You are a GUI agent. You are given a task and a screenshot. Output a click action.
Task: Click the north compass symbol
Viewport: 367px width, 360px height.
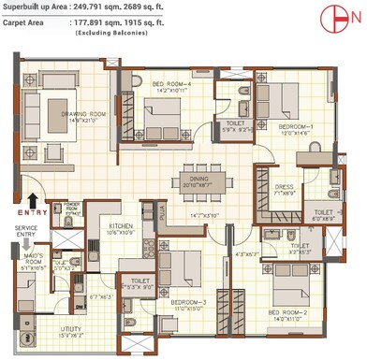click(x=342, y=18)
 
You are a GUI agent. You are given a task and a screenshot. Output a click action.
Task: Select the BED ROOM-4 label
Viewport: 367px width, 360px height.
click(x=171, y=85)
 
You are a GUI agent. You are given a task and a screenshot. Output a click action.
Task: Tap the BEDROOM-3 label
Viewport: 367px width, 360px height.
click(x=188, y=303)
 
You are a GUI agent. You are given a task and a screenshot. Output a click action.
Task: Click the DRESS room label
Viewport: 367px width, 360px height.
click(x=285, y=187)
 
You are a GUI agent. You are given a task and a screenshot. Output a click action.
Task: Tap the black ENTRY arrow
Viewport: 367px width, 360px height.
click(x=35, y=199)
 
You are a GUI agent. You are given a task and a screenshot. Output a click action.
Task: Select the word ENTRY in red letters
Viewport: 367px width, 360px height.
click(x=25, y=213)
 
